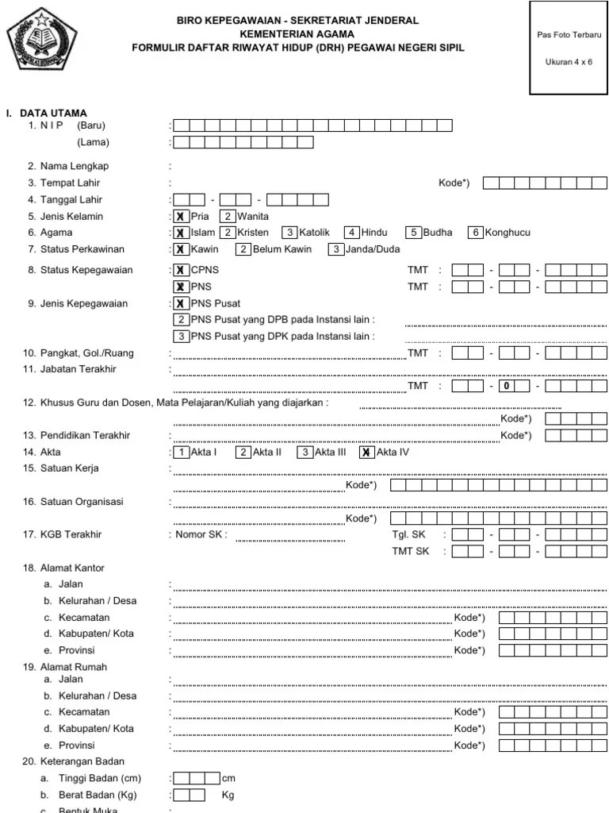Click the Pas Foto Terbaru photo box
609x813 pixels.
(569, 48)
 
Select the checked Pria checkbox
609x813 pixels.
(182, 216)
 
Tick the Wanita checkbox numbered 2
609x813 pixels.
(228, 216)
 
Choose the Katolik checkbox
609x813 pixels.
(290, 233)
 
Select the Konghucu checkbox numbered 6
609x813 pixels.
(476, 233)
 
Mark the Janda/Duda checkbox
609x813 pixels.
(335, 249)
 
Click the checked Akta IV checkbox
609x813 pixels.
(366, 452)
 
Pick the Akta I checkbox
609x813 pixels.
(182, 452)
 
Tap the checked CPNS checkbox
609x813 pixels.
(182, 270)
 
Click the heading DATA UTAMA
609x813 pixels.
(53, 113)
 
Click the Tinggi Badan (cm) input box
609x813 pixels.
(197, 778)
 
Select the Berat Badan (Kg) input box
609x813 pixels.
(189, 795)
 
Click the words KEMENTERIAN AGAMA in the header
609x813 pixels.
(297, 34)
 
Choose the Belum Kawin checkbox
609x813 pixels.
(244, 249)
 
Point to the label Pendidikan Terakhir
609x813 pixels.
(85, 436)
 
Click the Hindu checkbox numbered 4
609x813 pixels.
(352, 233)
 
